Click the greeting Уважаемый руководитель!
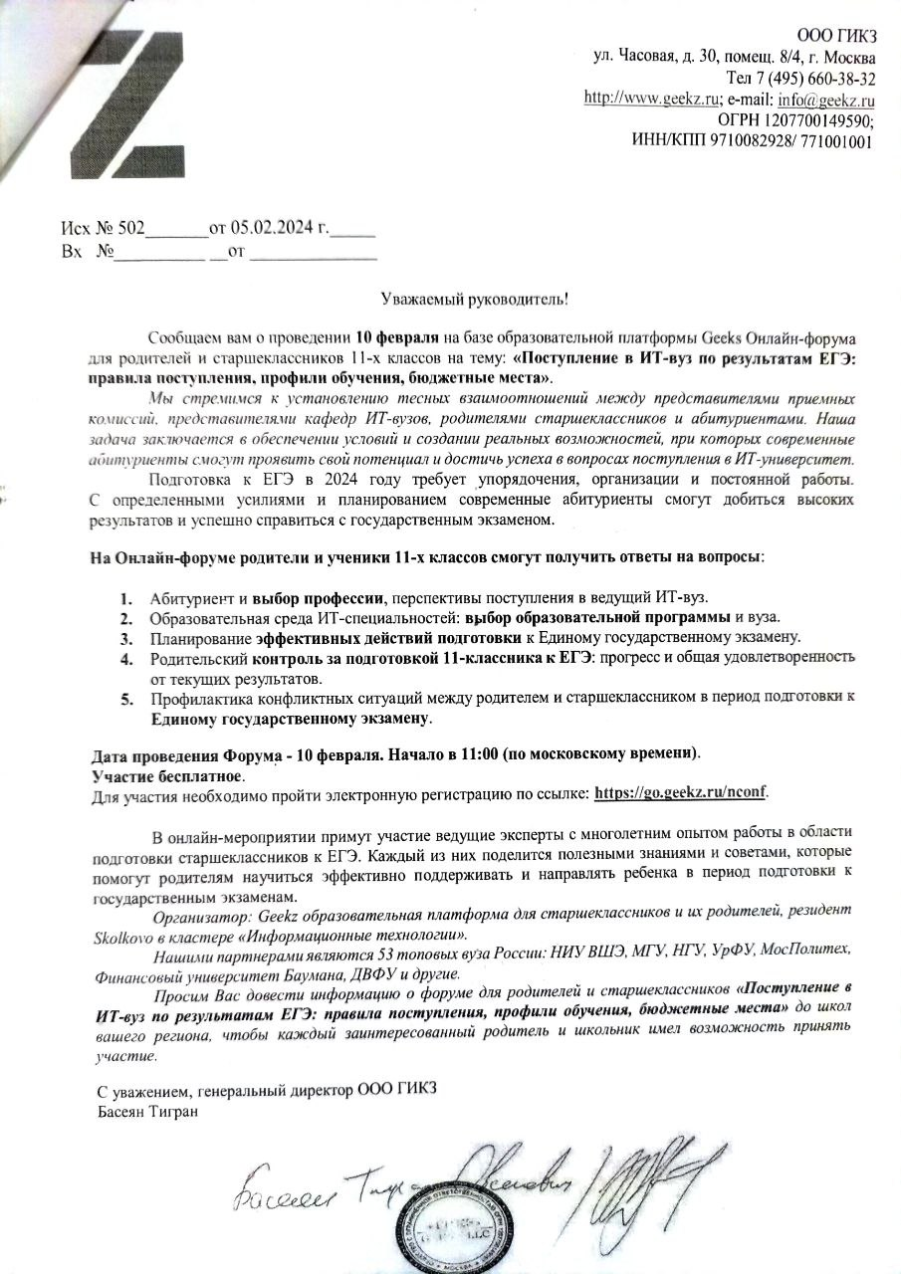(x=477, y=299)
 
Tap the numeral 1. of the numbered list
(x=126, y=598)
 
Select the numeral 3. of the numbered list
(x=126, y=637)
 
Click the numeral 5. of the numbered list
(x=126, y=698)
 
